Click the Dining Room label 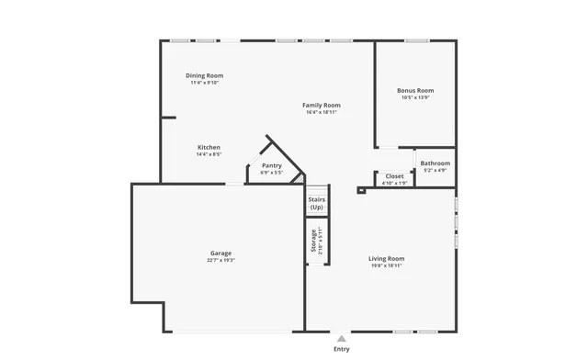[204, 75]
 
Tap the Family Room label [322, 106]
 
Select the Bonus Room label [415, 90]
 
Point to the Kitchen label [209, 147]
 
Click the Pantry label [271, 165]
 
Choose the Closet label [394, 175]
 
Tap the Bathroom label [435, 163]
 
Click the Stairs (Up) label [316, 203]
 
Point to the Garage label [220, 253]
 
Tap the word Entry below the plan [342, 349]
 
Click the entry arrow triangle [342, 337]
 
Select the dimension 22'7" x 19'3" [220, 260]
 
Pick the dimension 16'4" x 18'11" [322, 113]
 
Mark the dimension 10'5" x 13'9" [415, 97]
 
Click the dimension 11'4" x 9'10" [204, 83]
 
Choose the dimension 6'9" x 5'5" [271, 173]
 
